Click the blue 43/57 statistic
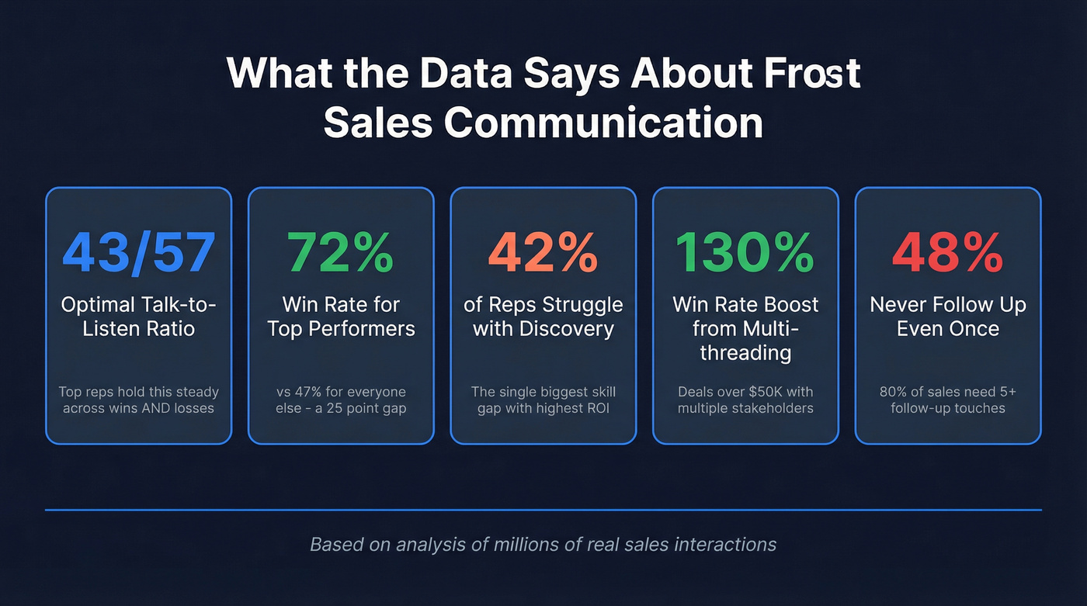(138, 252)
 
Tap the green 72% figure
(341, 252)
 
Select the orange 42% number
(543, 252)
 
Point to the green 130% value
(745, 252)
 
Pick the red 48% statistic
(948, 252)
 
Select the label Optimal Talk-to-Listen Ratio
(138, 317)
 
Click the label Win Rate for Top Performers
(341, 317)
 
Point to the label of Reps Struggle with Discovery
(543, 317)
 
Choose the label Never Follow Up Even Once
(948, 317)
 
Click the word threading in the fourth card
(745, 353)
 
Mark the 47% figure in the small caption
(314, 391)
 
